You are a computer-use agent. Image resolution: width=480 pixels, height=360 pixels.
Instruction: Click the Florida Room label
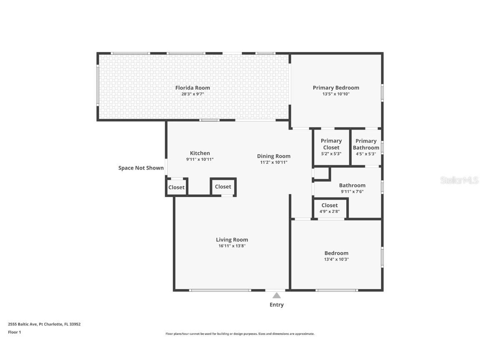pyautogui.click(x=192, y=88)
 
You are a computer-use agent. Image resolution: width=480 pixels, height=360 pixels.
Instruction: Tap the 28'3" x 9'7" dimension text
pyautogui.click(x=192, y=94)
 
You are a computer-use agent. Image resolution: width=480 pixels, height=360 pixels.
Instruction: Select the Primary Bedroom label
pyautogui.click(x=336, y=88)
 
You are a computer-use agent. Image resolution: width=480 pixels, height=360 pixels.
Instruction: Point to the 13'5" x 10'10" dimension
pyautogui.click(x=336, y=94)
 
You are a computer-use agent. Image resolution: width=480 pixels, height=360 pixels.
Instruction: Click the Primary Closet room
pyautogui.click(x=331, y=147)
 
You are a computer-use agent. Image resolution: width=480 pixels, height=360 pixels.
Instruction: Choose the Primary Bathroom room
pyautogui.click(x=366, y=147)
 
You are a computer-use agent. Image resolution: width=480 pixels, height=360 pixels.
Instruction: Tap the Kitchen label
pyautogui.click(x=200, y=153)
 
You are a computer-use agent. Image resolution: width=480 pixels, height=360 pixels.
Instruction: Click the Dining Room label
pyautogui.click(x=274, y=156)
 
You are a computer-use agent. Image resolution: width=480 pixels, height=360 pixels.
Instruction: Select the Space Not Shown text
pyautogui.click(x=141, y=168)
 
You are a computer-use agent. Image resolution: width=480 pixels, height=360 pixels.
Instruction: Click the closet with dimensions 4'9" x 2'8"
pyautogui.click(x=330, y=208)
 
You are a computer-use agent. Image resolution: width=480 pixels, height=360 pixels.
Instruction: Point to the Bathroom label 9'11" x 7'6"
pyautogui.click(x=352, y=185)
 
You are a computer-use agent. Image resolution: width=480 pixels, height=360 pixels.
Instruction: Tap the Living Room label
pyautogui.click(x=232, y=240)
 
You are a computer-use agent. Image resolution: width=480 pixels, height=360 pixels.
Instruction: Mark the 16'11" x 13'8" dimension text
pyautogui.click(x=232, y=246)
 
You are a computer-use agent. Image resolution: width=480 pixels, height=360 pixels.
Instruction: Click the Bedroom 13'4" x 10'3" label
pyautogui.click(x=336, y=253)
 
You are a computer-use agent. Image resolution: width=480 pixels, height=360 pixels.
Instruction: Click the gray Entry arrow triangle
pyautogui.click(x=277, y=295)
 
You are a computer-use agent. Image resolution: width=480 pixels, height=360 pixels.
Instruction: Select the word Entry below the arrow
pyautogui.click(x=277, y=305)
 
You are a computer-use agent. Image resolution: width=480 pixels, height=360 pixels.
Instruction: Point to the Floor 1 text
pyautogui.click(x=14, y=332)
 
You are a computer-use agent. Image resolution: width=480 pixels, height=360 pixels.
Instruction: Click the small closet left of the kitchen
pyautogui.click(x=176, y=187)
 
